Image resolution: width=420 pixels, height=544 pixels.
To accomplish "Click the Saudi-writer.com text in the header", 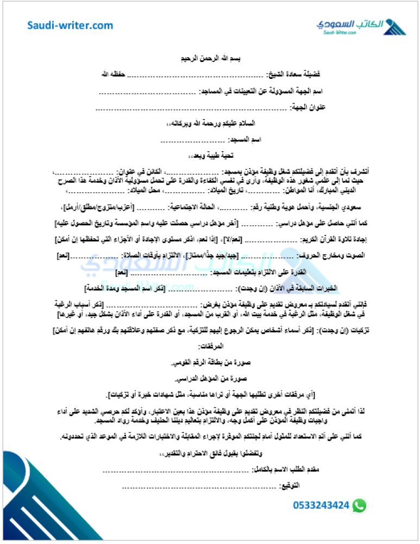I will [x=71, y=26].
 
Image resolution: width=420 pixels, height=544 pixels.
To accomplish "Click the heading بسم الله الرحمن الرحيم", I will [x=209, y=58].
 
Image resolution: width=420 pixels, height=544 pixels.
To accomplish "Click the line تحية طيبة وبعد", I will [x=209, y=156].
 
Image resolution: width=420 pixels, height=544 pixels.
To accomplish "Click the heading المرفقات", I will [x=209, y=346].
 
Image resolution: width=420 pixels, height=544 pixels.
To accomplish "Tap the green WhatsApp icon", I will [x=360, y=505].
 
